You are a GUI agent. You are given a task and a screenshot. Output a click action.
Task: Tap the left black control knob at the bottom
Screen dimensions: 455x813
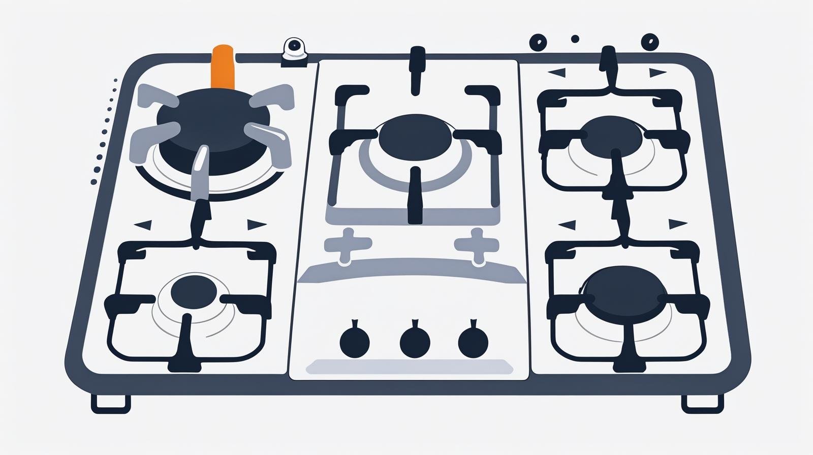point(354,342)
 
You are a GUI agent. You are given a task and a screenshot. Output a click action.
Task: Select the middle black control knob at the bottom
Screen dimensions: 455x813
point(415,342)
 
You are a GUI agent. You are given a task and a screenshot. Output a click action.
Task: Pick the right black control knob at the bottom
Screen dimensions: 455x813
point(473,342)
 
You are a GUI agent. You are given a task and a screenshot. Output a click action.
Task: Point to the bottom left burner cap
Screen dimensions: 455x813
point(194,292)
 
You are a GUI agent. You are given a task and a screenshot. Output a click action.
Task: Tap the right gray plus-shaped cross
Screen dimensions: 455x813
point(476,244)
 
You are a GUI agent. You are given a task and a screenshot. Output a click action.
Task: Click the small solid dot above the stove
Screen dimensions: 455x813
point(575,39)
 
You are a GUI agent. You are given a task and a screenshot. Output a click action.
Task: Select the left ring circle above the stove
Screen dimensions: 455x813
point(538,43)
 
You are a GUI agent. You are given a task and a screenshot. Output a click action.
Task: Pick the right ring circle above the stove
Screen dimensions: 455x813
point(650,42)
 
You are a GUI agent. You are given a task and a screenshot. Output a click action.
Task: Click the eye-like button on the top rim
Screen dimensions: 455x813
point(294,47)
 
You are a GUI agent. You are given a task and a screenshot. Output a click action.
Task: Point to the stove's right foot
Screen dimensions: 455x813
point(702,402)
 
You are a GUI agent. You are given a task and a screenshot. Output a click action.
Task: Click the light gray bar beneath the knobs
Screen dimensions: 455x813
point(409,367)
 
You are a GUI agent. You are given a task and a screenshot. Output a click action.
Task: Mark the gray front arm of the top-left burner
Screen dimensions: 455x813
point(200,173)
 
